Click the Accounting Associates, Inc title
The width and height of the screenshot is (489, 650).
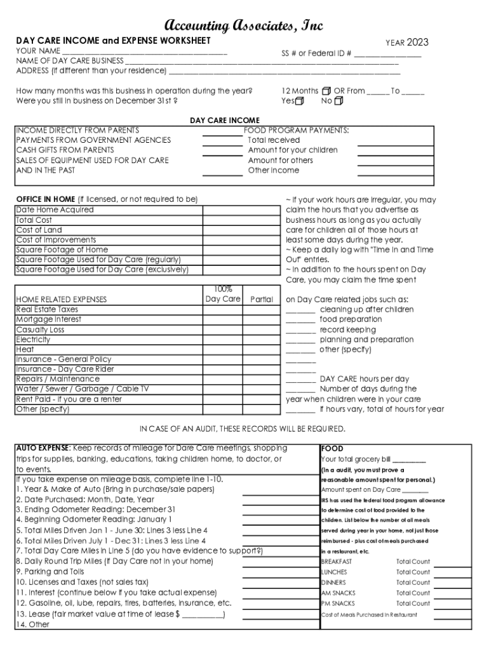pos(244,25)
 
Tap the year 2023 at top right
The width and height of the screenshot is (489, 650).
pos(417,43)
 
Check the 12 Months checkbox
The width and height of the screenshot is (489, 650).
pos(326,91)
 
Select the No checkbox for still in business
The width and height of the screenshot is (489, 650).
pos(338,101)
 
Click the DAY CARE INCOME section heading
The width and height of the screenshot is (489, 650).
pos(225,121)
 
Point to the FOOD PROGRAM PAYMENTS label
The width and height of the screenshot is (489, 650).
pos(297,130)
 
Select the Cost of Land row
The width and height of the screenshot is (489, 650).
pos(39,230)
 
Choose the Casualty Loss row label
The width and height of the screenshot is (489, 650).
pos(40,329)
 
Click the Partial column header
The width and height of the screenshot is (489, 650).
pos(262,299)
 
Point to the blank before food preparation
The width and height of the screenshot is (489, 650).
pos(300,320)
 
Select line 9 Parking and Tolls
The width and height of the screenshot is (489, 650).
pos(50,571)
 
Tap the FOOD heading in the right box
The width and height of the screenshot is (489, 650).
pos(332,448)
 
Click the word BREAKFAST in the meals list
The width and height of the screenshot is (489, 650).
pos(336,562)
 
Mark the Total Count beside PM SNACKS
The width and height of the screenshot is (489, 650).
pos(413,604)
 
